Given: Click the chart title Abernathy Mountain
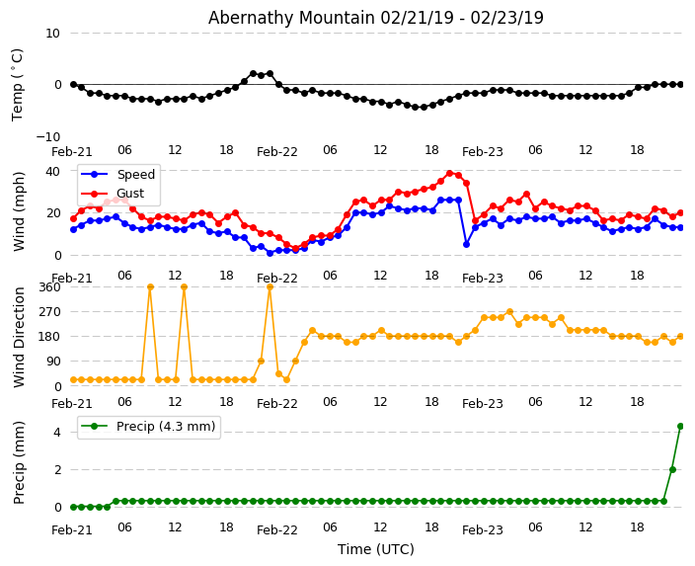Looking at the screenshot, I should [375, 18].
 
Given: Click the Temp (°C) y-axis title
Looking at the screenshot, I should [18, 84].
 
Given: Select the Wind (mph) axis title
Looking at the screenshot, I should [20, 210].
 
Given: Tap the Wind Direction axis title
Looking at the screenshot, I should [20, 336].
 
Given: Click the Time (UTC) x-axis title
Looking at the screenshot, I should [375, 549].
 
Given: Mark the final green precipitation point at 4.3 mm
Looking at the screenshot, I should [680, 426].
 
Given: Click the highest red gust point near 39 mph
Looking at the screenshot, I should [449, 173].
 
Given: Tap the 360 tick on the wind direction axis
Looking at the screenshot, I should [49, 286].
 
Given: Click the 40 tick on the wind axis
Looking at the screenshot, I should [53, 171].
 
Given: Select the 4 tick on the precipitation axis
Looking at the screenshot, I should [56, 432].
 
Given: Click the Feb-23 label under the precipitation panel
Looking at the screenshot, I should [482, 530].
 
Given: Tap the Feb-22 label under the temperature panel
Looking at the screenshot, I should [277, 152].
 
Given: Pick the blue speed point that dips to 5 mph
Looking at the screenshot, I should [466, 244].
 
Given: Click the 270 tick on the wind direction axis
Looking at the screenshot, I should [49, 311].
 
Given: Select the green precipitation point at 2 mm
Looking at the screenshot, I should [672, 469].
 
